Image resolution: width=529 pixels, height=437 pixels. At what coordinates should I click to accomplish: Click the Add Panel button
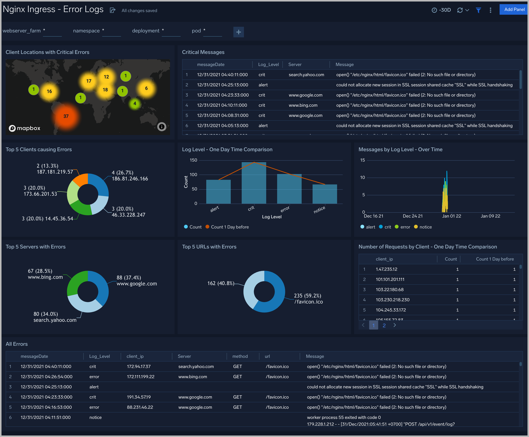[x=514, y=10]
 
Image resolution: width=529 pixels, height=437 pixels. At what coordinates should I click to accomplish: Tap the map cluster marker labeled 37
[x=66, y=116]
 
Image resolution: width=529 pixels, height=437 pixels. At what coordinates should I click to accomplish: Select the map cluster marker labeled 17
[x=89, y=81]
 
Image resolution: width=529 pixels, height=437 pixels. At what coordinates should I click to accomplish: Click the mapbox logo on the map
[x=25, y=128]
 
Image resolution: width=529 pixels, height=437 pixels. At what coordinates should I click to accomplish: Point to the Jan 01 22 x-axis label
[x=452, y=216]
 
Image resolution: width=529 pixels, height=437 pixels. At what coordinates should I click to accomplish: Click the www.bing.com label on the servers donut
[x=45, y=277]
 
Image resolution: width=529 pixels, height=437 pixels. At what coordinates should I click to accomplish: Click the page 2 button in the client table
[x=384, y=325]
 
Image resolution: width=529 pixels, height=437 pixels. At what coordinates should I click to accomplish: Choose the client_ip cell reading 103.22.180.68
[x=389, y=290]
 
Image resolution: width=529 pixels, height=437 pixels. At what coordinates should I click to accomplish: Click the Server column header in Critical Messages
[x=295, y=65]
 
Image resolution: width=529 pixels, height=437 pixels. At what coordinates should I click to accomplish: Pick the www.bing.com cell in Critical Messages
[x=303, y=105]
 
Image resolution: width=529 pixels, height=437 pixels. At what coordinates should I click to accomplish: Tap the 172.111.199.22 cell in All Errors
[x=141, y=377]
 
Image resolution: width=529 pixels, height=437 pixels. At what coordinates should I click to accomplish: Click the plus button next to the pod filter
[x=238, y=32]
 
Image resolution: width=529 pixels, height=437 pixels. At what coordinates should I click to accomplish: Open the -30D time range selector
[x=441, y=10]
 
